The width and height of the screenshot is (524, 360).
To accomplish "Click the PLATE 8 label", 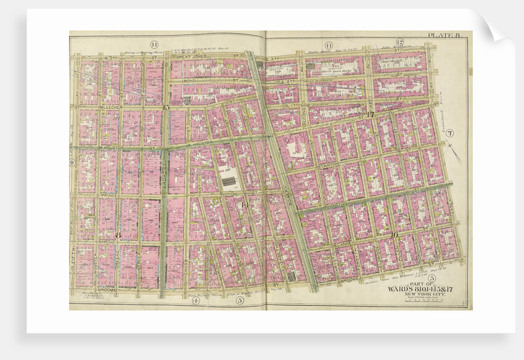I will click(x=444, y=36).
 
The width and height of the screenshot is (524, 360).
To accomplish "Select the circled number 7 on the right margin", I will click(x=450, y=133).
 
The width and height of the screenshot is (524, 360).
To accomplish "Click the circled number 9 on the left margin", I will click(x=72, y=162).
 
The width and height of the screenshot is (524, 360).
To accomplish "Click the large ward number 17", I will click(x=370, y=115).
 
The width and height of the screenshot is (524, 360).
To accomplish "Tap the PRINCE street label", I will click(x=109, y=195).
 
